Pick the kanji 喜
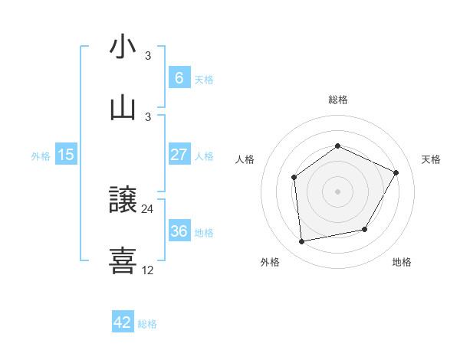click(x=123, y=260)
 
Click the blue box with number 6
click(x=179, y=77)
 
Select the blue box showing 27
click(x=179, y=154)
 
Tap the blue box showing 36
click(x=179, y=231)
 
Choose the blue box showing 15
click(x=66, y=155)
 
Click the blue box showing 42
click(x=123, y=322)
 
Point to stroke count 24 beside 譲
click(x=148, y=208)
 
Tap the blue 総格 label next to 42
click(x=147, y=324)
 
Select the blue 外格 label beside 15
click(x=41, y=155)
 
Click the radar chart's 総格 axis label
click(x=337, y=100)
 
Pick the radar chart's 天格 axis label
click(x=431, y=159)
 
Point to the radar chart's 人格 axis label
click(x=245, y=159)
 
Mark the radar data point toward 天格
click(x=396, y=172)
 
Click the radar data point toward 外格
click(x=302, y=242)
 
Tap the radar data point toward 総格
click(x=337, y=146)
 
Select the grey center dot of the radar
click(x=337, y=191)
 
